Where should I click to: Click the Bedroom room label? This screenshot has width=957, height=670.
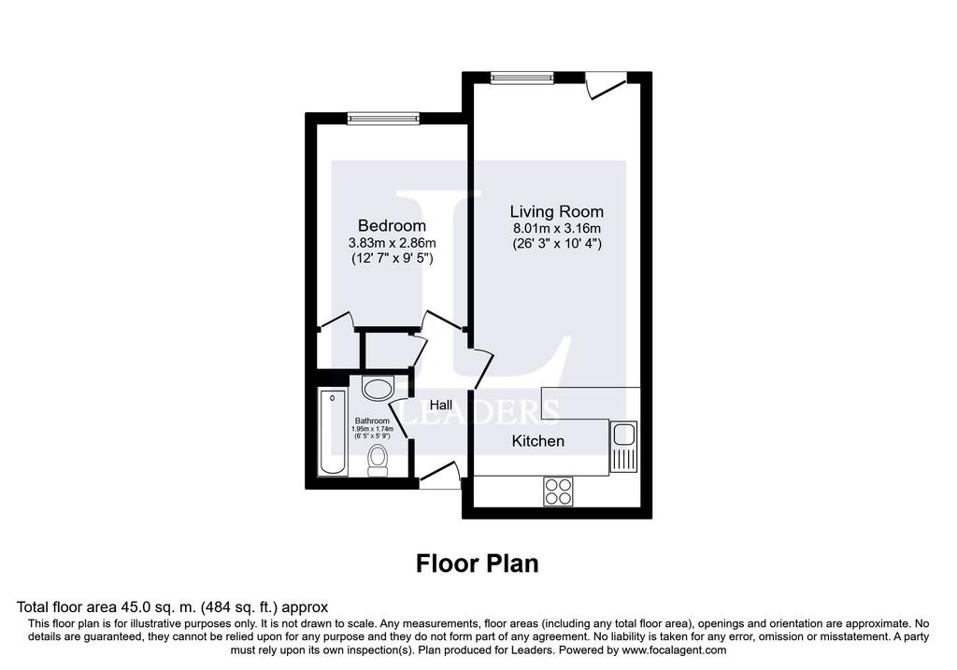[392, 226]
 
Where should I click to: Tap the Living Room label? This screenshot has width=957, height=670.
[557, 212]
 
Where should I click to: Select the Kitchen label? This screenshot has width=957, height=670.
[537, 440]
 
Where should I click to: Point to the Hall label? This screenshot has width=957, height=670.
[441, 406]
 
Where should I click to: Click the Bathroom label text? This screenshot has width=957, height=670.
[372, 421]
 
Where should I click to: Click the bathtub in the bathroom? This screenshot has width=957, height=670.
[333, 433]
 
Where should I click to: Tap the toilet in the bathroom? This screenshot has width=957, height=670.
[379, 461]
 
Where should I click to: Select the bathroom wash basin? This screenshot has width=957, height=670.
[379, 389]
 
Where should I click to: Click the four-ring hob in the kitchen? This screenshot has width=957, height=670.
[559, 492]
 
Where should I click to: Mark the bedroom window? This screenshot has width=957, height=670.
[383, 119]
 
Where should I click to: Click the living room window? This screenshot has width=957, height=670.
[522, 78]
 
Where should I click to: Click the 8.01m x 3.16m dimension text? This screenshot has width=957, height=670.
[557, 229]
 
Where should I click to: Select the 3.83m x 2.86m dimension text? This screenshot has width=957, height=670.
[392, 243]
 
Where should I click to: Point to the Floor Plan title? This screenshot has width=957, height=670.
[478, 563]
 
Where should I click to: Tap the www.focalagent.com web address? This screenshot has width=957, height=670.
[673, 650]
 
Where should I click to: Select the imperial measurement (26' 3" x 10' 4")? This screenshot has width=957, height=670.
[557, 244]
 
